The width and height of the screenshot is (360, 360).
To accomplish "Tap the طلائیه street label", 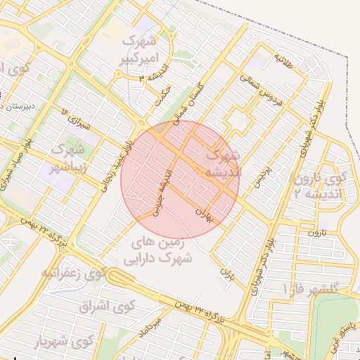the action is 288,60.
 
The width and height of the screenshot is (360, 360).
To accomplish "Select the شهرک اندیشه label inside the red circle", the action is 221,162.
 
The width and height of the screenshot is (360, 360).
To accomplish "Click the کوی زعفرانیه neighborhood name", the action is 72,272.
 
